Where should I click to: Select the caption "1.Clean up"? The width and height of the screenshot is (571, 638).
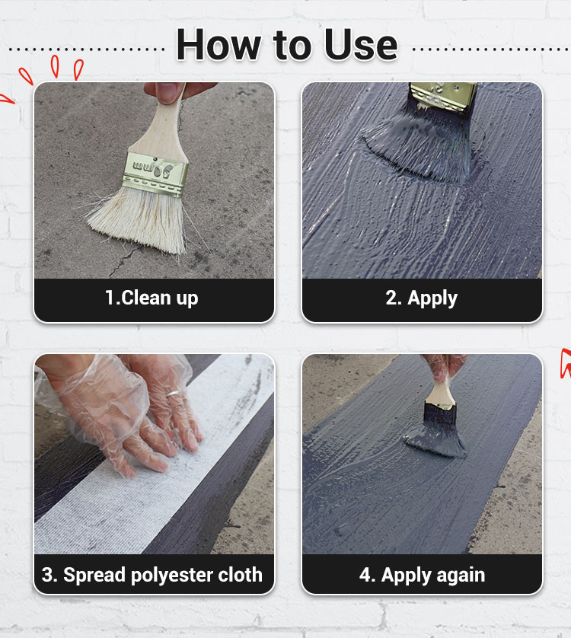point(152,298)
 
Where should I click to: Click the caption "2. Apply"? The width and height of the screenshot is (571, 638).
point(421,298)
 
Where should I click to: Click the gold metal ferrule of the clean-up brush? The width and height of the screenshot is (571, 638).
point(155,174)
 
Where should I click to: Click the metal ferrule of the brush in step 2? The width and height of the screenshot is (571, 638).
point(443,97)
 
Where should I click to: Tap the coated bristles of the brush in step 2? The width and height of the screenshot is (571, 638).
point(421,145)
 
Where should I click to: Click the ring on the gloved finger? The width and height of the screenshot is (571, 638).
point(173,393)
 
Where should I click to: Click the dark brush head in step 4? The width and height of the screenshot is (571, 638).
point(438,432)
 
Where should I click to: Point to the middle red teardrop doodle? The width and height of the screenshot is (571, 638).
point(55,66)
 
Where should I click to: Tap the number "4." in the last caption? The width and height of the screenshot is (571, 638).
point(367,575)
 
